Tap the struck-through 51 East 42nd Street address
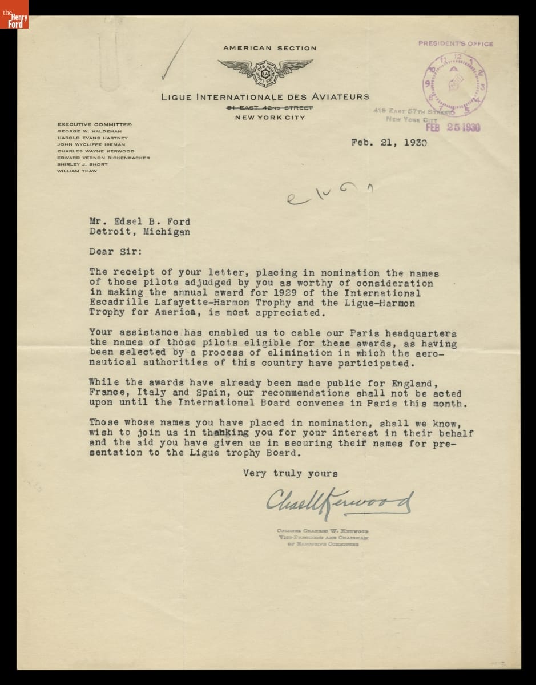click(x=269, y=107)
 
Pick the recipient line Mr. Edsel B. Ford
click(x=139, y=222)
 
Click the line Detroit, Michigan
click(x=139, y=232)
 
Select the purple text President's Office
click(x=456, y=43)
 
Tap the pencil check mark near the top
click(x=173, y=57)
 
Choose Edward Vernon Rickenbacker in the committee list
click(x=103, y=158)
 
